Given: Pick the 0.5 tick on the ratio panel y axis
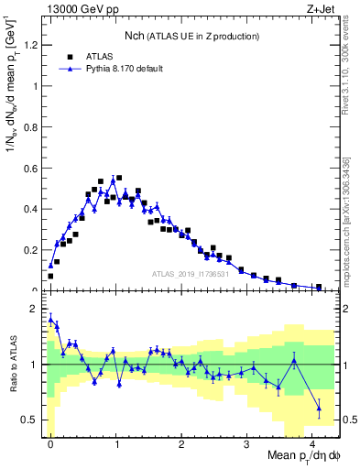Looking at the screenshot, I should (x=29, y=420).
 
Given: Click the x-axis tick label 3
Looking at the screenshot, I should (x=247, y=443).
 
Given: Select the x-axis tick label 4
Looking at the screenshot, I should (x=312, y=443).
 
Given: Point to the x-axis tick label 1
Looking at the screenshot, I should (x=116, y=443).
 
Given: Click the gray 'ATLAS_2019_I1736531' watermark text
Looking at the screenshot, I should (x=194, y=274).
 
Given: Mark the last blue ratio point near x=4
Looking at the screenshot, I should (x=319, y=408).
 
